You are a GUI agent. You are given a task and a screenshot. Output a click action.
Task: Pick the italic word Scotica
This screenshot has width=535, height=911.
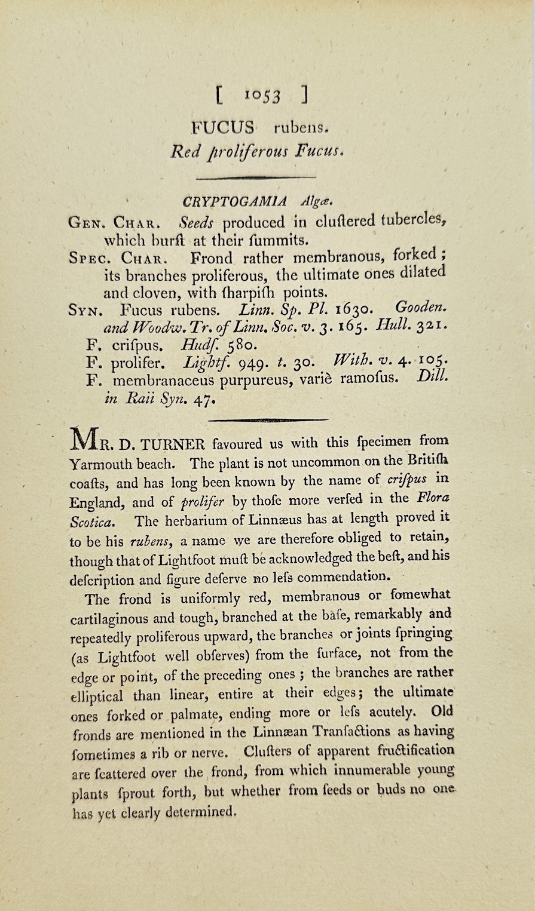tap(90, 522)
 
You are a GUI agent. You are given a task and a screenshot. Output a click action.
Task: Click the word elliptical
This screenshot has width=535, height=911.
tap(97, 697)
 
